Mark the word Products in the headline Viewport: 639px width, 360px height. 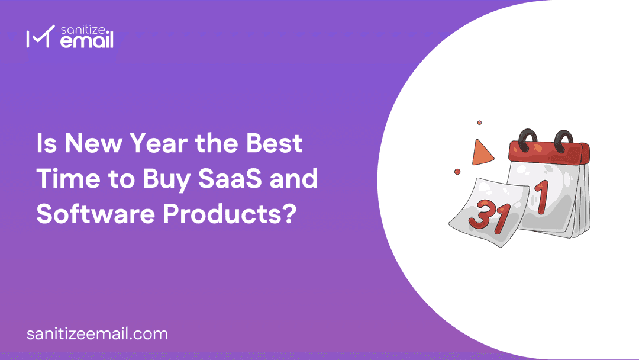click(221, 214)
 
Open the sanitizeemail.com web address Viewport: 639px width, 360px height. click(97, 333)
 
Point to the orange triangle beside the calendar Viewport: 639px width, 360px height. click(483, 153)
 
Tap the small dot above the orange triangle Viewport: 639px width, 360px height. click(479, 123)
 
